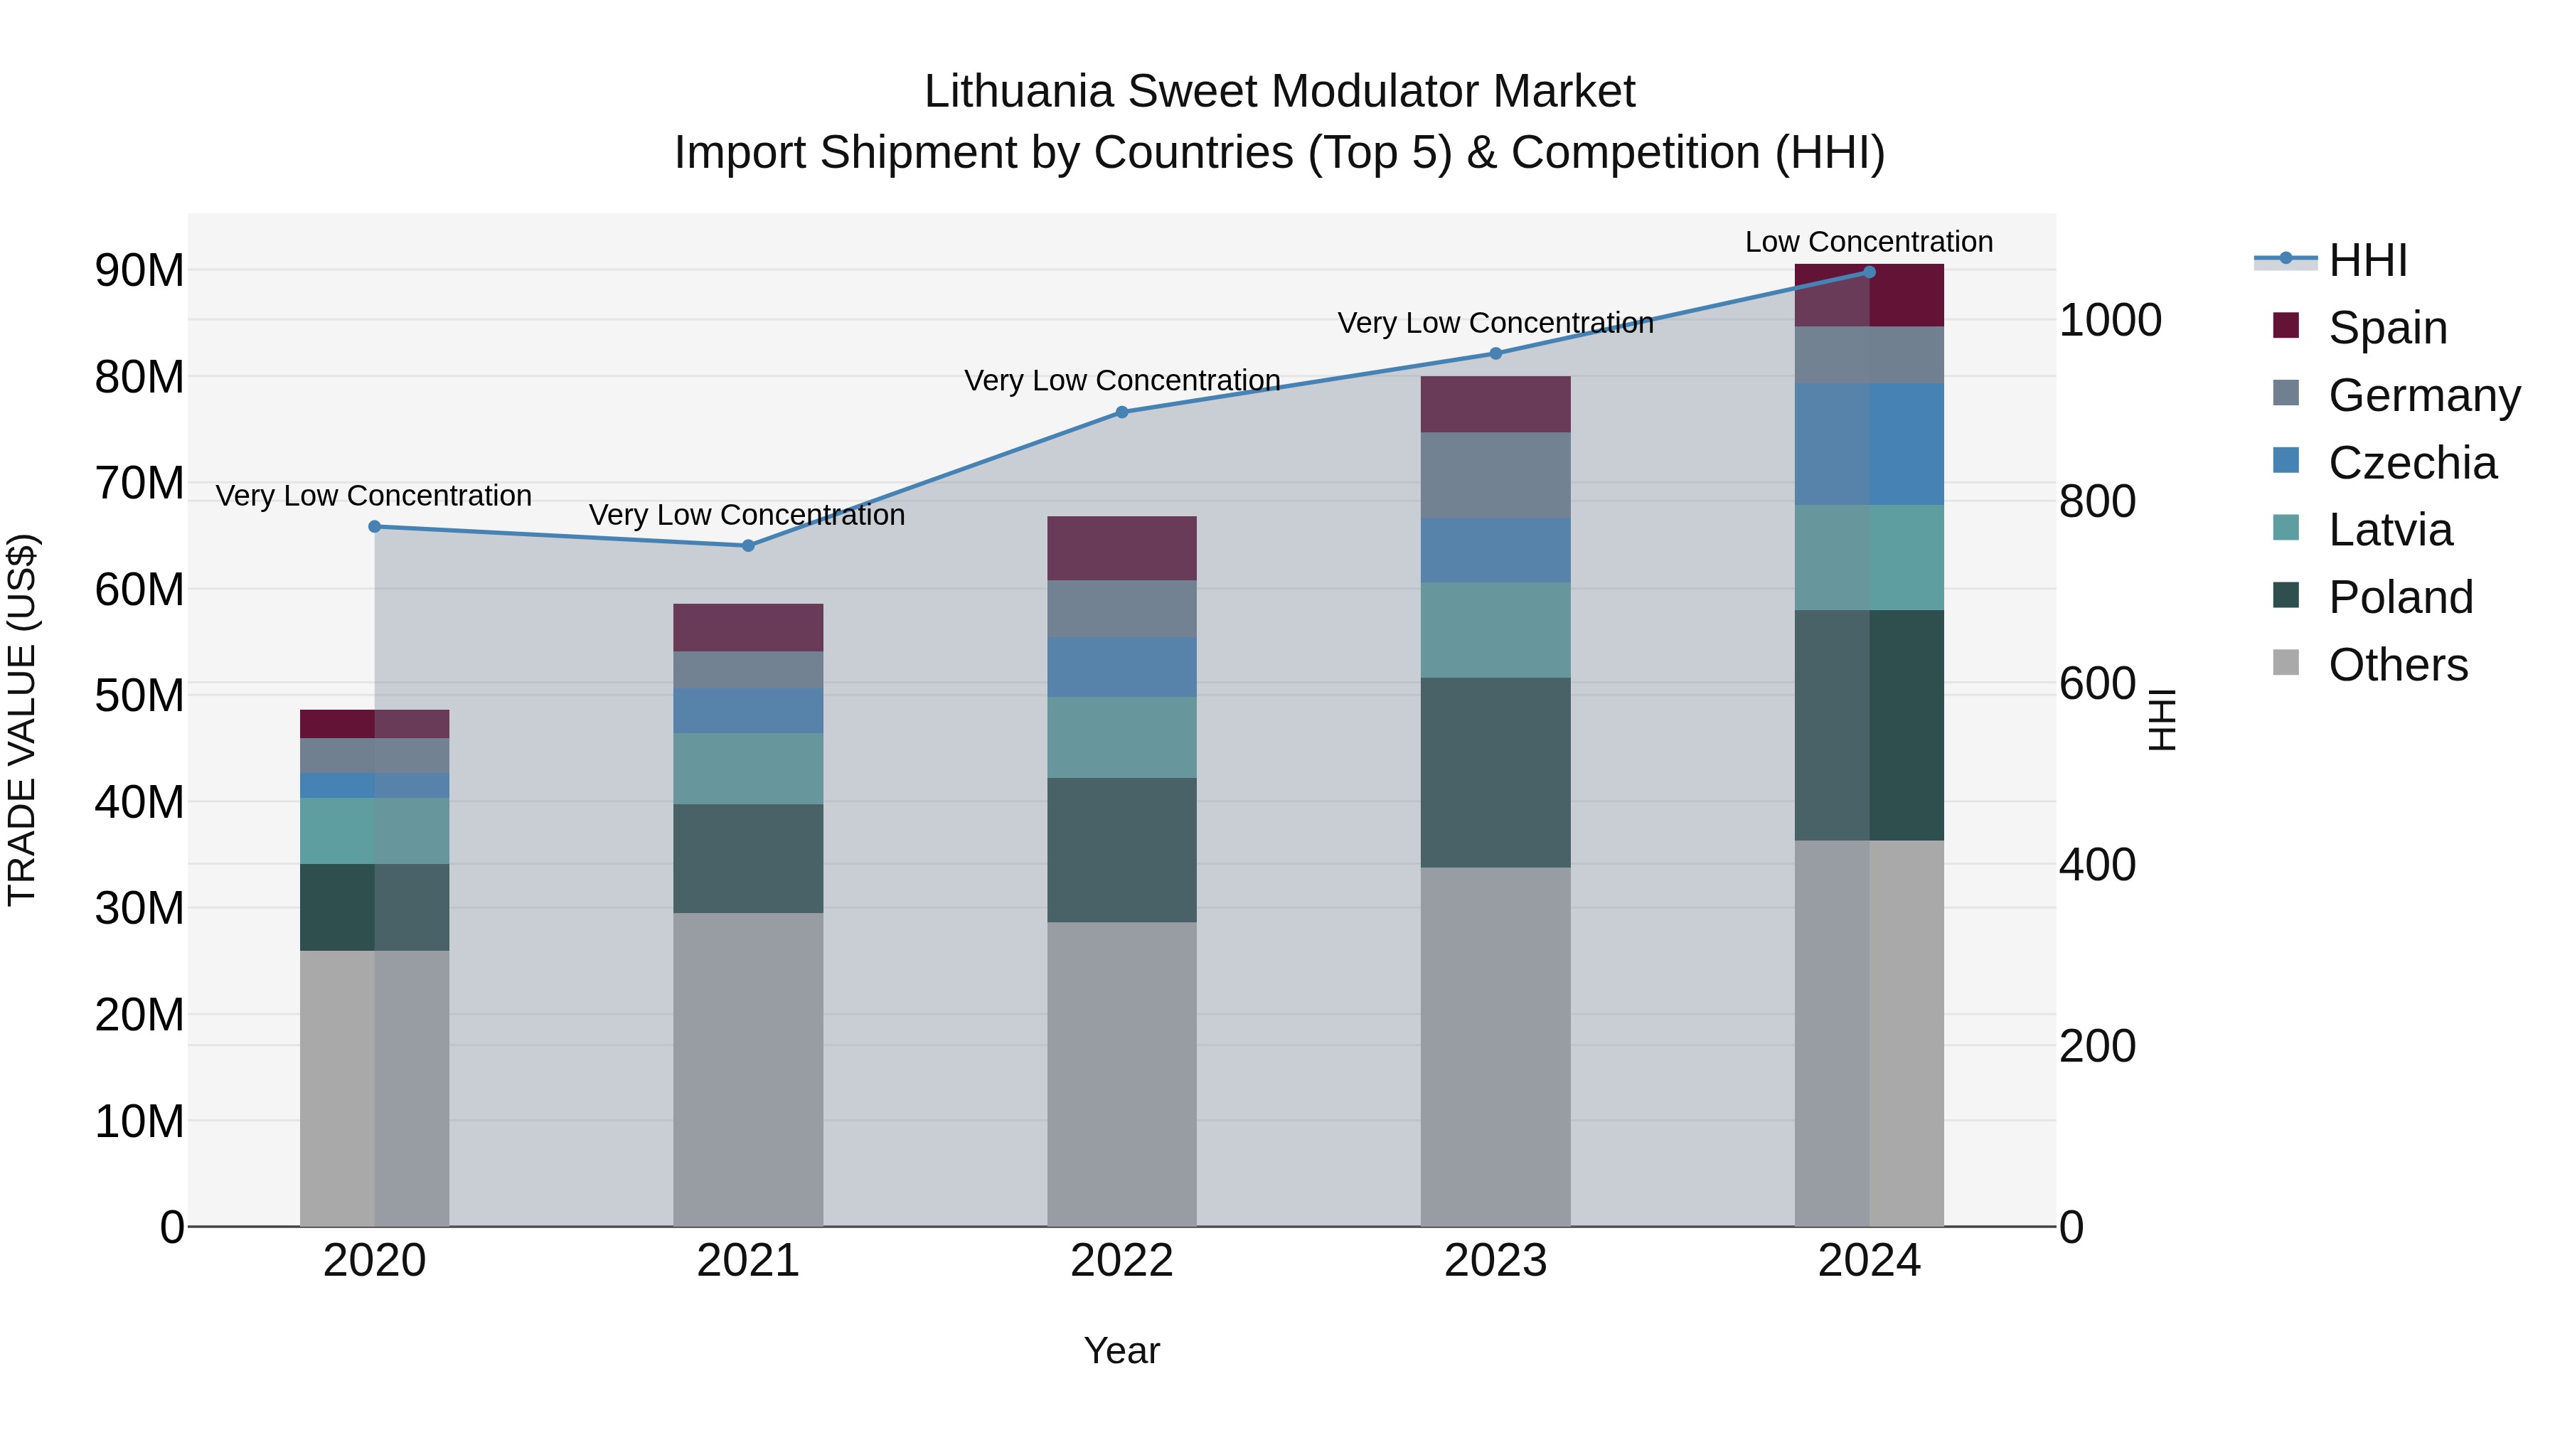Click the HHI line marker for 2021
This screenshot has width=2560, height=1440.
coord(748,545)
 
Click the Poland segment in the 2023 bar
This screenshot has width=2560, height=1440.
coord(1495,772)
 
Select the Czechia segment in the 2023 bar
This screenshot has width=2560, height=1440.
coord(1495,550)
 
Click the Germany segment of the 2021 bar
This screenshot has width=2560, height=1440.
coord(747,670)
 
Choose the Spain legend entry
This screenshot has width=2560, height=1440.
coord(2387,328)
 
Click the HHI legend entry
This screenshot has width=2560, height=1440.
coord(2367,260)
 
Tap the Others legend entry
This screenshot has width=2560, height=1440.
coord(2397,665)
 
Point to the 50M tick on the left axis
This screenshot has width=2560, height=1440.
coord(139,695)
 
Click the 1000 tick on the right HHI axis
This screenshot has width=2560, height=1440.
coord(2110,320)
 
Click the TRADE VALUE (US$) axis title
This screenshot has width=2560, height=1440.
coord(22,720)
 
